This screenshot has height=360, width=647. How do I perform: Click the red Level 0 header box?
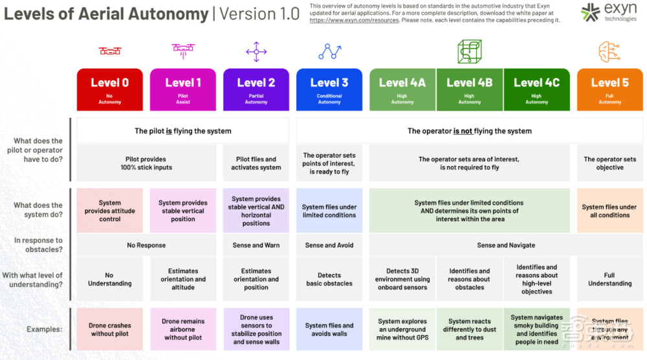coord(110,89)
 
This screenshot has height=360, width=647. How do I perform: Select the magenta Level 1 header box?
coord(183,89)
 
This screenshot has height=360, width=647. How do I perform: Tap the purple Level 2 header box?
coord(256,89)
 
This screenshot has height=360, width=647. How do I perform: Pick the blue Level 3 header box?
coord(329,89)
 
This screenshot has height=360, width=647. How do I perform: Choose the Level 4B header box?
coord(469,89)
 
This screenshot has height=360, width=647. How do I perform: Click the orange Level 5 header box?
coord(609,89)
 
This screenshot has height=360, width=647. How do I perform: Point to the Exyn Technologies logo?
coord(600,12)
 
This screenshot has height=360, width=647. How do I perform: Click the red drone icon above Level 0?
coord(110,51)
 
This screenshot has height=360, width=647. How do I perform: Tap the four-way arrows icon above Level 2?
coord(256,51)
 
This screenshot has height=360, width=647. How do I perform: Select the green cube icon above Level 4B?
coord(469,51)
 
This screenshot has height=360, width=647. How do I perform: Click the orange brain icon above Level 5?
coord(609,51)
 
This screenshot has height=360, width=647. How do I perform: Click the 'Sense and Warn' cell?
coord(256,245)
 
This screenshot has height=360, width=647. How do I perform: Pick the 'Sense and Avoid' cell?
coord(329,245)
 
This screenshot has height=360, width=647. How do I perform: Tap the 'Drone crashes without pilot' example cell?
coord(110,330)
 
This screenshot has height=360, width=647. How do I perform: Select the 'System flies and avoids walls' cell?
coord(329,330)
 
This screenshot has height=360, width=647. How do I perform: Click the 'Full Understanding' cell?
coord(609,279)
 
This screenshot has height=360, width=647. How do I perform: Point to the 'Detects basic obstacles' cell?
coord(329,279)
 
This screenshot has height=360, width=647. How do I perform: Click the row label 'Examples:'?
coord(45,330)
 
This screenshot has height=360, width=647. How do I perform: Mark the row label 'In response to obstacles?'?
coord(38,245)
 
